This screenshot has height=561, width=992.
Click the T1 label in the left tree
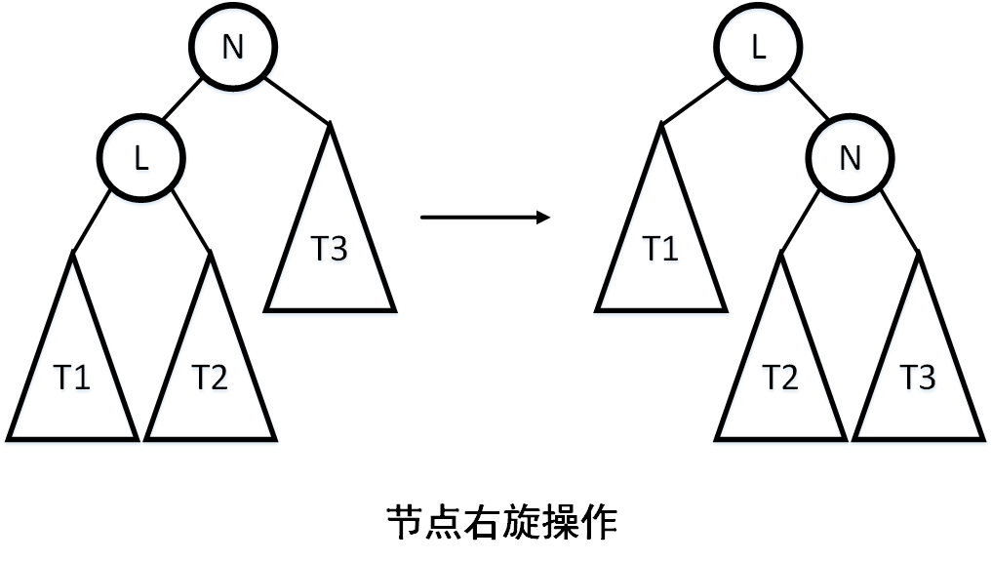click(71, 378)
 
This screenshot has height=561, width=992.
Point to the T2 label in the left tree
click(209, 378)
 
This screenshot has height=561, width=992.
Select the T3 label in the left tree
click(330, 250)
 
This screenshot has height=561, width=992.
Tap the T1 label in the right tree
click(659, 250)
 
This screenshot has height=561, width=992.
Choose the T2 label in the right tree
click(779, 378)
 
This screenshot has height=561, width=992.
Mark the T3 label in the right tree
click(918, 378)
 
